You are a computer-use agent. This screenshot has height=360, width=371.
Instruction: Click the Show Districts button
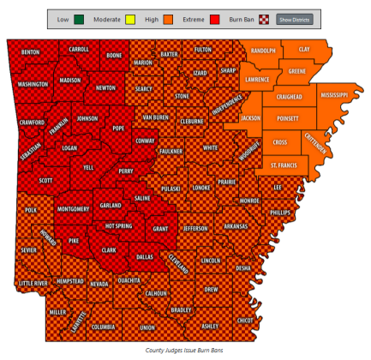(295, 18)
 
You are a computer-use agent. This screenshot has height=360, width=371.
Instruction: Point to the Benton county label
(30, 52)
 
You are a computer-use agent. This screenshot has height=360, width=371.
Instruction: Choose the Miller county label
(57, 312)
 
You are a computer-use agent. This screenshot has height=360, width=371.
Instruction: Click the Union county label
(147, 327)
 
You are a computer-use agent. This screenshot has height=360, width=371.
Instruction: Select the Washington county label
(33, 85)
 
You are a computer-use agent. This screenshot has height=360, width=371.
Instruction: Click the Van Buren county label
(155, 117)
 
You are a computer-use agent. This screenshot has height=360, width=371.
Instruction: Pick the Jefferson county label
(195, 229)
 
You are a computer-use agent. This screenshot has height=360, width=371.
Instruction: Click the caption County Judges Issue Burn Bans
(185, 350)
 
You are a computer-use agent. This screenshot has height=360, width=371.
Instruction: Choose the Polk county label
(31, 209)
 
